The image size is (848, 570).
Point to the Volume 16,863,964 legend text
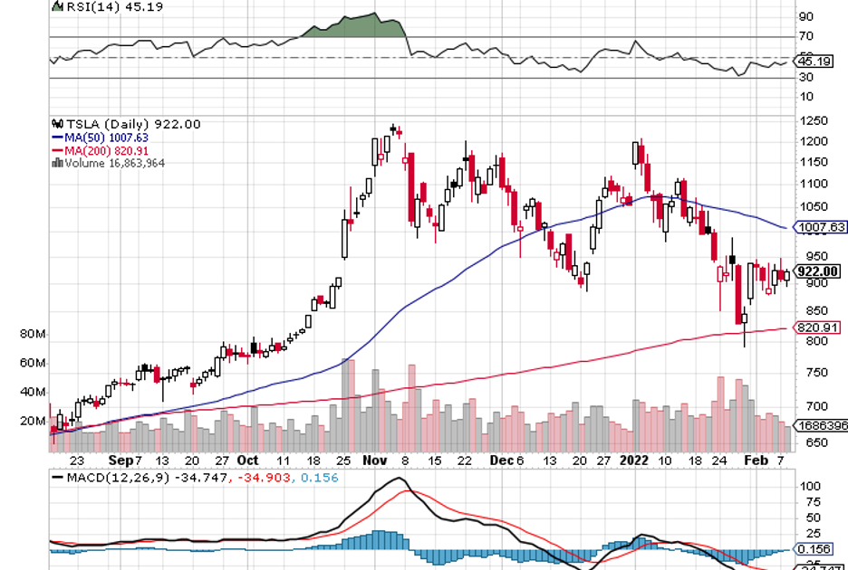point(114,163)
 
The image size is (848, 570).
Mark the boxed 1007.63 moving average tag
point(819,227)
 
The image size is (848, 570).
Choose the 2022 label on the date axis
point(634,460)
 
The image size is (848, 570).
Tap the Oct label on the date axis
point(247,460)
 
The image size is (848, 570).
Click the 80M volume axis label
point(34,335)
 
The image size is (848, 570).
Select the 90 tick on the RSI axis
point(805,16)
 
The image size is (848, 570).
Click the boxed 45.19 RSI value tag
point(812,62)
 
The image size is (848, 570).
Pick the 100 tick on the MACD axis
point(806,486)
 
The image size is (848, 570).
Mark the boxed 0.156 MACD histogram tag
point(813,549)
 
